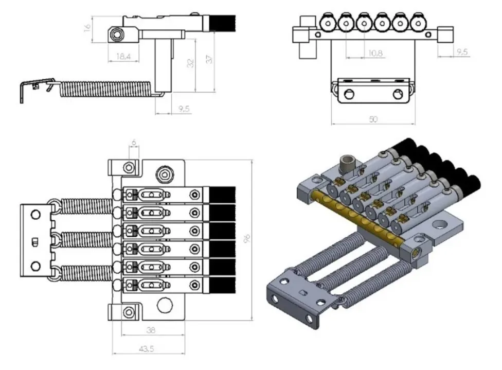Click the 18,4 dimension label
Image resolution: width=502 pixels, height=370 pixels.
coord(121,57)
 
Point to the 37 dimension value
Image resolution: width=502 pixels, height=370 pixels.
coord(209,59)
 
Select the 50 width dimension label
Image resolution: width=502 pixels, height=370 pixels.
coord(373,119)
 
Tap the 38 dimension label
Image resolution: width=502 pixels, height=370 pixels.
coord(151,330)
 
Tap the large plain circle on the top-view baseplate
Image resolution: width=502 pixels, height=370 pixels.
coord(165,305)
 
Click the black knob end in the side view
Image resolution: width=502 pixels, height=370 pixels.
coord(221,24)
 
